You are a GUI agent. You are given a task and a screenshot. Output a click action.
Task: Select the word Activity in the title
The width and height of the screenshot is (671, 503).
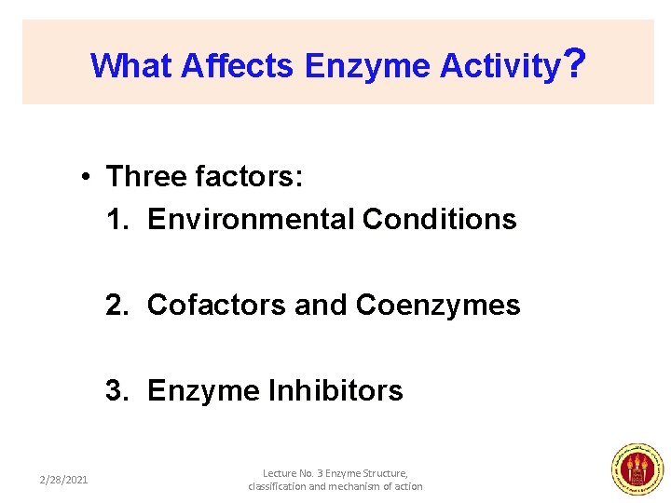[x=500, y=66]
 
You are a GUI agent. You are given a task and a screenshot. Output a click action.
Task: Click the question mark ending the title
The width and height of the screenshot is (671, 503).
[x=575, y=63]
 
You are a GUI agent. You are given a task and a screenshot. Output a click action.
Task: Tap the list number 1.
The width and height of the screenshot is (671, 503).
[x=116, y=220]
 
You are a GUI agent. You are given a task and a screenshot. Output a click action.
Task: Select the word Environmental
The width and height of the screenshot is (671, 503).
[x=250, y=220]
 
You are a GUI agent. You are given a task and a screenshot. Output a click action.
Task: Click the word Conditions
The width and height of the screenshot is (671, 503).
[x=439, y=220]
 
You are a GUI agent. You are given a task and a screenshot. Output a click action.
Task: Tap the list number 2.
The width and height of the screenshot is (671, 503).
[x=116, y=306]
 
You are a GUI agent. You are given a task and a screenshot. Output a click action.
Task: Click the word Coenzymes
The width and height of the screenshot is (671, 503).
[x=438, y=306]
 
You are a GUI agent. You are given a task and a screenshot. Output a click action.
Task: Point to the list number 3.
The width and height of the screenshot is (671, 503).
[x=116, y=390]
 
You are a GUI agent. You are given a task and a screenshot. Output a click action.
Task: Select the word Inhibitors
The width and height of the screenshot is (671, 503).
[x=337, y=390]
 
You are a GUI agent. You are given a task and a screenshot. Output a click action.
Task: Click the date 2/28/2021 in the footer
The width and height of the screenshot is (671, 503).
[x=63, y=480]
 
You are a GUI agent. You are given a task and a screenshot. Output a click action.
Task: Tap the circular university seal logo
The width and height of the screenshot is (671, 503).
[x=637, y=469]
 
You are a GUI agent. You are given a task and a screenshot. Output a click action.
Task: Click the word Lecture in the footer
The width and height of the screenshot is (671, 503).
[x=281, y=473]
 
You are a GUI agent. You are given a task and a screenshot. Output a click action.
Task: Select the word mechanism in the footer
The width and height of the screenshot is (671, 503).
[x=360, y=486]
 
